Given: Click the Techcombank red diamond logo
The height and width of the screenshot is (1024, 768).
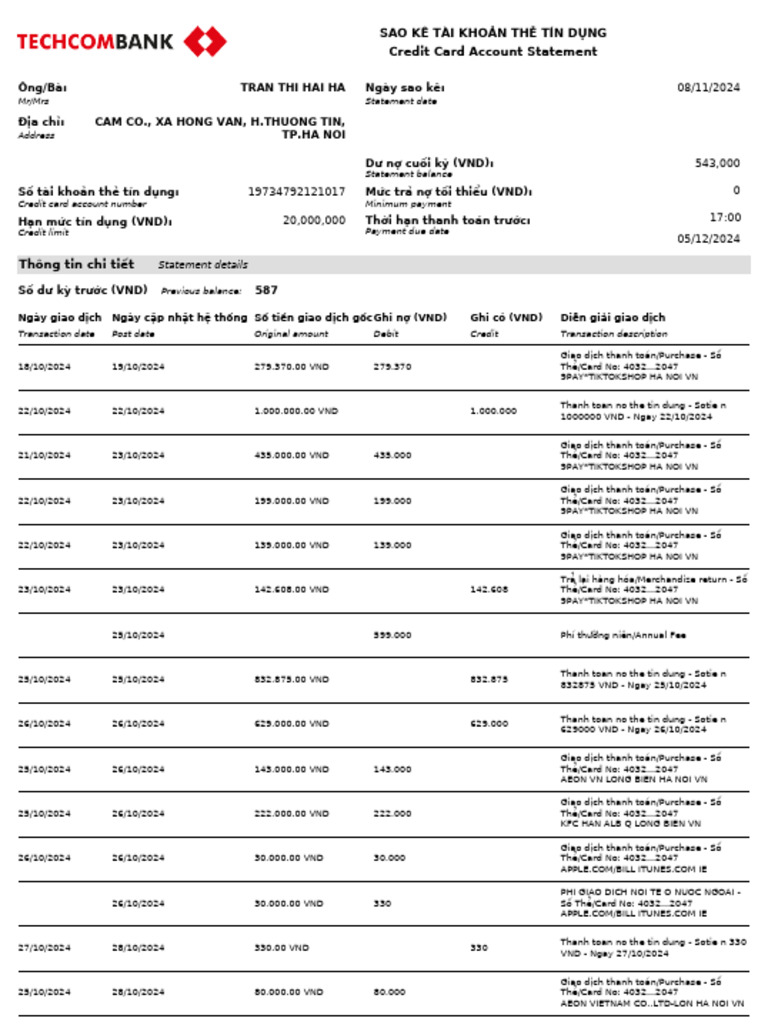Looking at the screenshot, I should pyautogui.click(x=205, y=41).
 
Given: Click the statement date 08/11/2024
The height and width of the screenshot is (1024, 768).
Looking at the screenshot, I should pyautogui.click(x=708, y=87).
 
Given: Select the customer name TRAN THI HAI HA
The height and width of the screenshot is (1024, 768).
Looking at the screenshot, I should pyautogui.click(x=292, y=87).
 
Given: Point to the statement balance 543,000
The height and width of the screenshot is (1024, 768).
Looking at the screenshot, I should pyautogui.click(x=717, y=163).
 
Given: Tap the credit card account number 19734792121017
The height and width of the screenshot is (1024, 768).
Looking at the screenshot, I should pyautogui.click(x=296, y=191).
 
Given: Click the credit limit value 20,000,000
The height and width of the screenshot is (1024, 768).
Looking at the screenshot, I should pyautogui.click(x=314, y=220).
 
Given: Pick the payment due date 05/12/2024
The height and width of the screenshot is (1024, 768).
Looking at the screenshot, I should pyautogui.click(x=708, y=239).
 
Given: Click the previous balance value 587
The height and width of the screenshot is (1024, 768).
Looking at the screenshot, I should pyautogui.click(x=266, y=290).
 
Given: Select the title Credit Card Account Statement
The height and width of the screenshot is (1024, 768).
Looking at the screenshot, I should pyautogui.click(x=493, y=51).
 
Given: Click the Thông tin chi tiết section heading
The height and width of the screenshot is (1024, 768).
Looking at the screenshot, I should pyautogui.click(x=76, y=264).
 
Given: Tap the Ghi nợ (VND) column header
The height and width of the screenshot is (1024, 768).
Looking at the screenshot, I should pyautogui.click(x=410, y=318).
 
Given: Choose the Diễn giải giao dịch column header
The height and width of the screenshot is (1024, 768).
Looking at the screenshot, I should pyautogui.click(x=612, y=318).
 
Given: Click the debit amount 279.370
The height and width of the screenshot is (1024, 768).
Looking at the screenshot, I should pyautogui.click(x=392, y=367).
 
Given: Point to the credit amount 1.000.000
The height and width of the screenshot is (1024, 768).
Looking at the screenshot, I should pyautogui.click(x=494, y=411).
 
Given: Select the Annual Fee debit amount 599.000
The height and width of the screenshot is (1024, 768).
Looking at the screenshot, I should pyautogui.click(x=392, y=635).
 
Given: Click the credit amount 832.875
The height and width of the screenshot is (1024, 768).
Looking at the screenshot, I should pyautogui.click(x=489, y=680).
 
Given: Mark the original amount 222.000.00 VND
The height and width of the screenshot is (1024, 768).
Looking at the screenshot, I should pyautogui.click(x=291, y=814).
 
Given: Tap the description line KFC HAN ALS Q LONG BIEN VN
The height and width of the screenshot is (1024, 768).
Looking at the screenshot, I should pyautogui.click(x=630, y=824).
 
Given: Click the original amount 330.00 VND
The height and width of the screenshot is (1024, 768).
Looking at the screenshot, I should pyautogui.click(x=282, y=948).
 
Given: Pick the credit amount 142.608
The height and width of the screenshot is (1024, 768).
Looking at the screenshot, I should pyautogui.click(x=489, y=590).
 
